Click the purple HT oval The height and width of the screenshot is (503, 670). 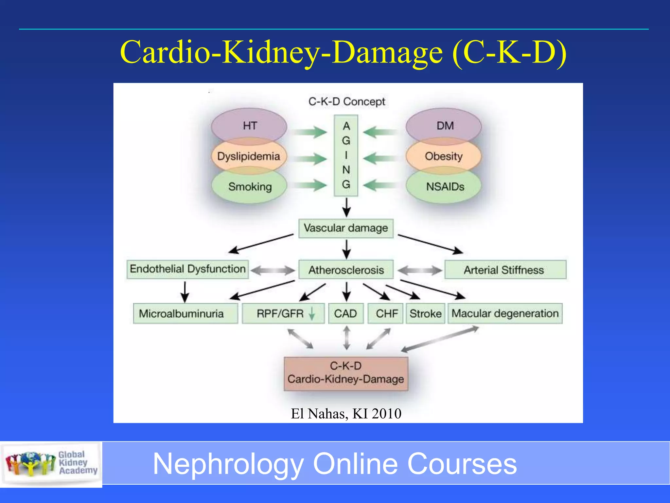coord(249,126)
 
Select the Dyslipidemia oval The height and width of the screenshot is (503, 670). coord(249,156)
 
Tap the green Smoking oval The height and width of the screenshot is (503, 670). coord(250,187)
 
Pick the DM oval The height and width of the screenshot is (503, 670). coord(444,126)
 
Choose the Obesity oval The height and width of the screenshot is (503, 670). coord(444,156)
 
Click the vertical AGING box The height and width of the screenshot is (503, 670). coord(346,156)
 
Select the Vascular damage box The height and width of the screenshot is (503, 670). coord(346,228)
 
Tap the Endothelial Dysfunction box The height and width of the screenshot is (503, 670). coord(187,269)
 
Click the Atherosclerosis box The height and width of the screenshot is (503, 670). coord(346,270)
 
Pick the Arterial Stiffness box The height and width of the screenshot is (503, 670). coord(505,270)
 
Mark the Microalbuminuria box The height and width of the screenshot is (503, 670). coord(185,313)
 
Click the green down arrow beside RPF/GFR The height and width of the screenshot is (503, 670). coord(312,313)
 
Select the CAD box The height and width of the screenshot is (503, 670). coord(346,313)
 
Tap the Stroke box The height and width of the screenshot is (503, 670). coord(425,313)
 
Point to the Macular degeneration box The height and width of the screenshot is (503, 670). coord(505,313)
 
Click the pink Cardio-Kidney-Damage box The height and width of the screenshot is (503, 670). coord(346,373)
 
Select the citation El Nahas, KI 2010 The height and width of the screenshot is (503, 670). coord(346,414)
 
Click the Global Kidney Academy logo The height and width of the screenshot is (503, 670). coord(51,463)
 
